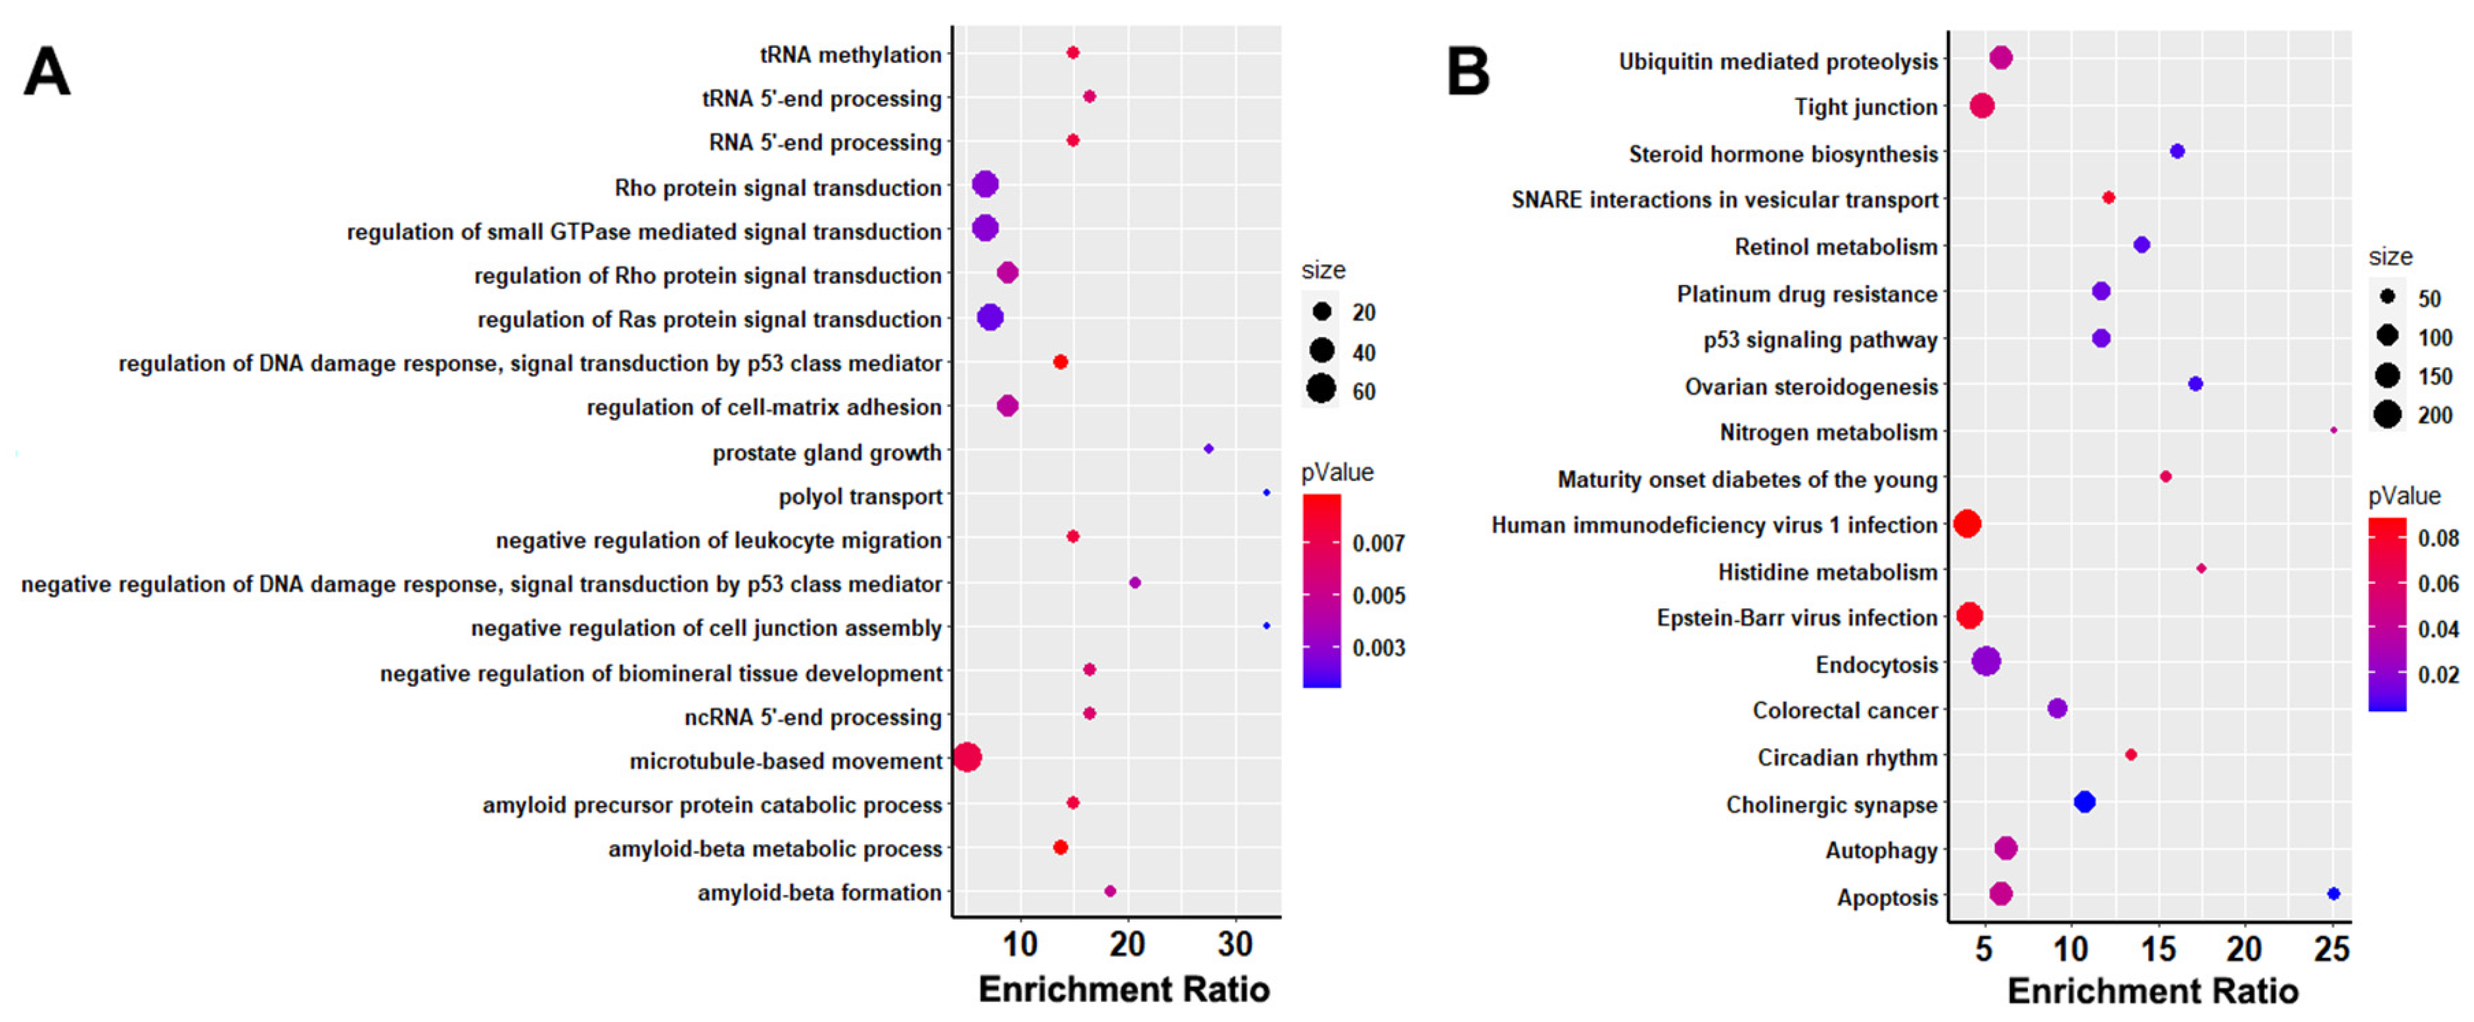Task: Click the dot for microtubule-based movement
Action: (967, 758)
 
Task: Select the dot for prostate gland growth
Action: (1208, 448)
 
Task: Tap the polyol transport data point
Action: (1266, 493)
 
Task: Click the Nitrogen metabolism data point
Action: (2333, 430)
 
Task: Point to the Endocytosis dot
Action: (1986, 661)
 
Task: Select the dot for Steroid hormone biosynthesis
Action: (2177, 151)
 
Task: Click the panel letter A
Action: (46, 73)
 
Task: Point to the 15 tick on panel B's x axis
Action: (2158, 949)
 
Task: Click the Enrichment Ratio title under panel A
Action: (1124, 989)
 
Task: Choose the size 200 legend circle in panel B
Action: (2388, 414)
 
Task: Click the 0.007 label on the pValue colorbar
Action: (1378, 544)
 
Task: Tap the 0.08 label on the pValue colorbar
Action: (2437, 538)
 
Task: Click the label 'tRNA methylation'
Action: (850, 54)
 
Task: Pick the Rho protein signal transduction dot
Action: (985, 184)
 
